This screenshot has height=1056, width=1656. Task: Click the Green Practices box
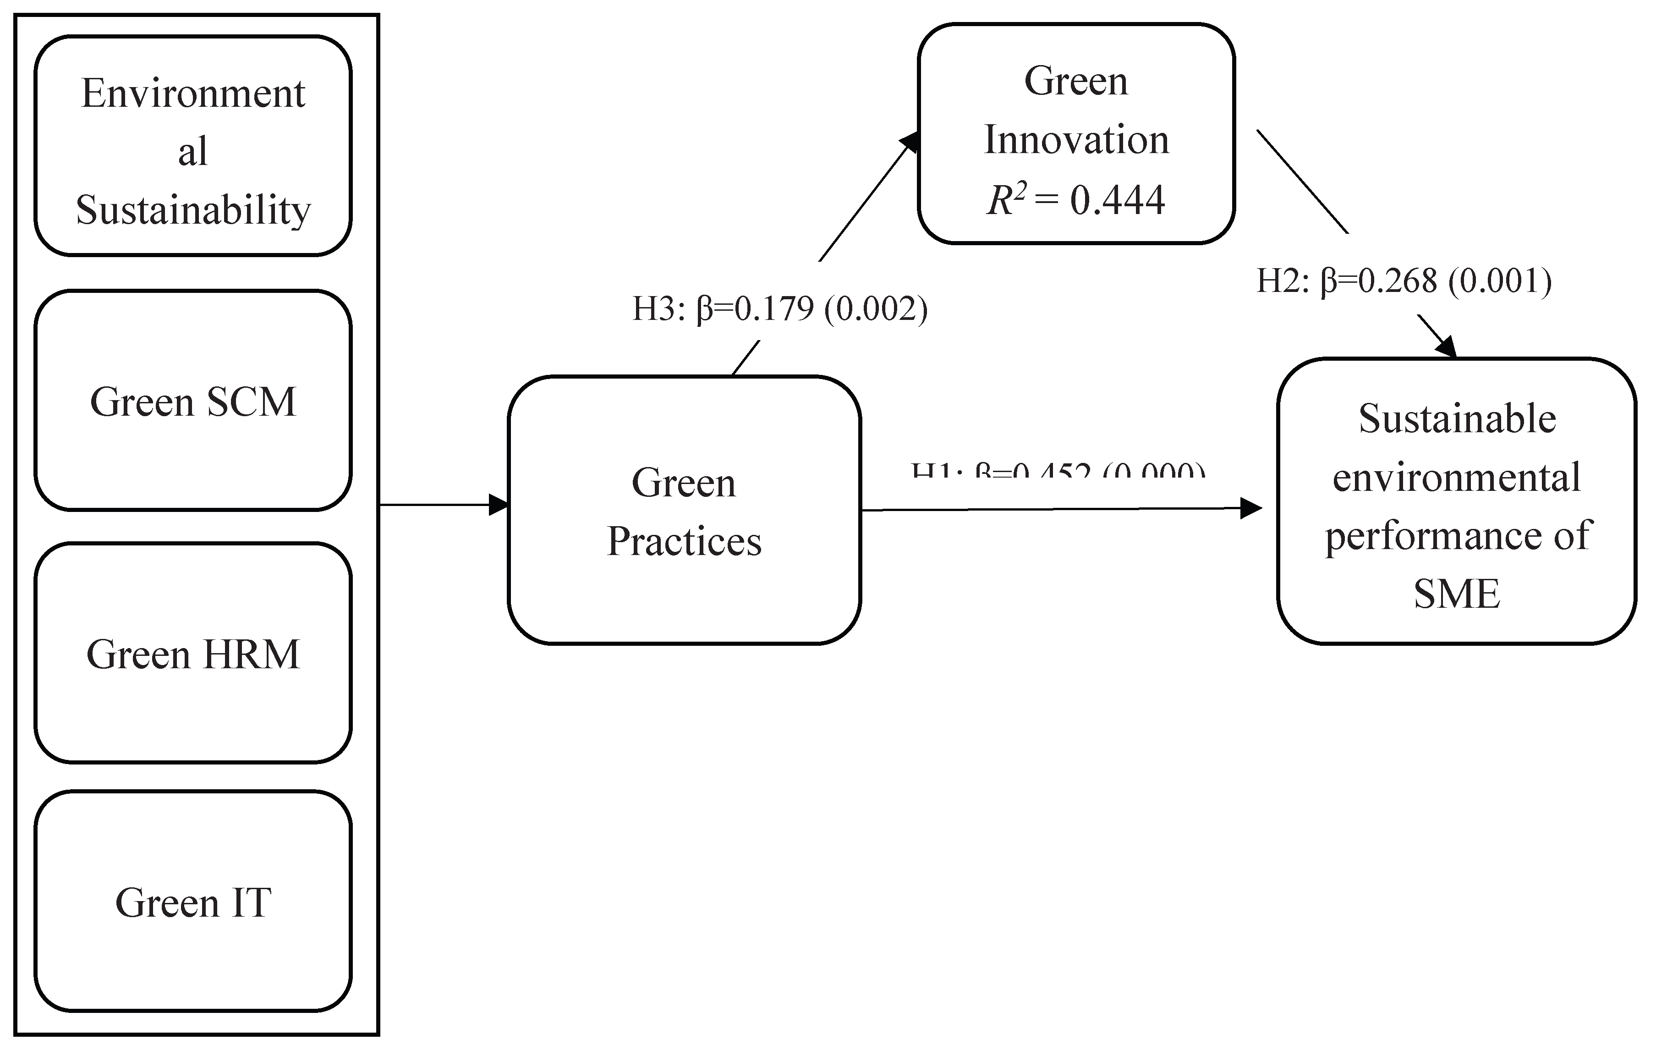click(684, 511)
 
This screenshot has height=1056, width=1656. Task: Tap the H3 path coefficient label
click(779, 309)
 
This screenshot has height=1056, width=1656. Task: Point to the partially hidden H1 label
click(1058, 471)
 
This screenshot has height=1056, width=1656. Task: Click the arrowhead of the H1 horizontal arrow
click(1252, 508)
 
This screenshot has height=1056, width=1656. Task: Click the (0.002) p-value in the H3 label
click(876, 309)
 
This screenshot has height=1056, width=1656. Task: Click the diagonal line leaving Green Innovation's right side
click(1302, 181)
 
